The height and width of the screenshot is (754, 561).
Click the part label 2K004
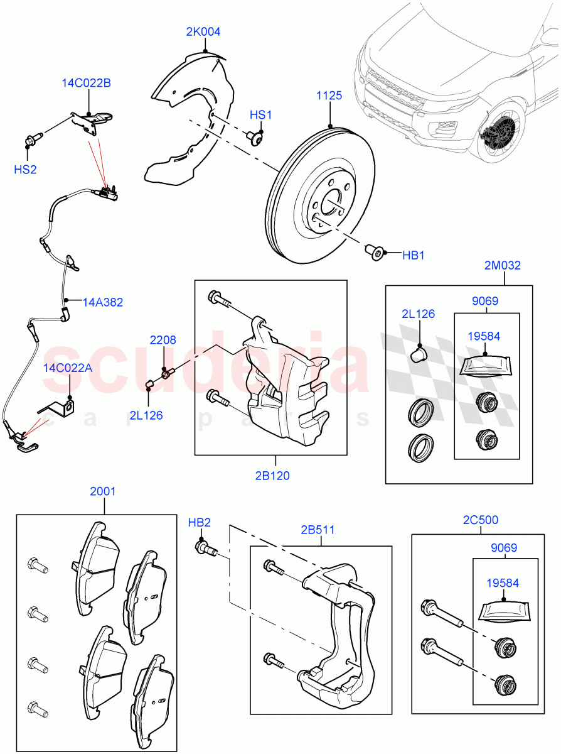click(203, 32)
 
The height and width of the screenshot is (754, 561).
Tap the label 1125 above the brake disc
click(329, 96)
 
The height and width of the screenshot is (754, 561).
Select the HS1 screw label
click(260, 115)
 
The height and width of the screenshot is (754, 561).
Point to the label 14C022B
click(86, 83)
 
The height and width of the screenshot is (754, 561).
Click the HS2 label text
click(25, 169)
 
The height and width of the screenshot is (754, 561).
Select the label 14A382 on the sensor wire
click(103, 302)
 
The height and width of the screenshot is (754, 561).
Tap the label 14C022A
click(68, 368)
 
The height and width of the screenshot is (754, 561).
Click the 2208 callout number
click(163, 340)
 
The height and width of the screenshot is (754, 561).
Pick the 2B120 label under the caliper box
click(272, 476)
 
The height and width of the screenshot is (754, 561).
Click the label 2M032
click(503, 265)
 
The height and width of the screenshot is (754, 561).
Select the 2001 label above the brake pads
click(103, 491)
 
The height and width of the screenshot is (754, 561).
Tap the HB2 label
click(199, 522)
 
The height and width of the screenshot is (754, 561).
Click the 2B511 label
click(318, 530)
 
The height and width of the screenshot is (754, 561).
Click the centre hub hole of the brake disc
click(329, 205)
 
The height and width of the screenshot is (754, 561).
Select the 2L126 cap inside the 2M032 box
click(419, 355)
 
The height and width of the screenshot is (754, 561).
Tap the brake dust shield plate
click(188, 126)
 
